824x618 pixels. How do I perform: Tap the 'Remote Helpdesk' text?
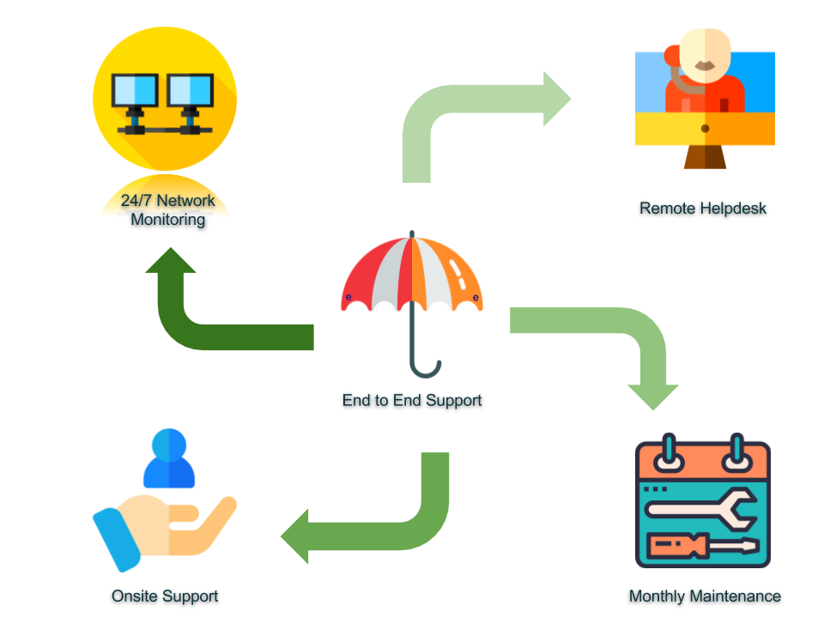click(x=702, y=208)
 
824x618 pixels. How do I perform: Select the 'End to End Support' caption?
click(x=412, y=400)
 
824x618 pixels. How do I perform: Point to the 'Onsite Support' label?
click(x=165, y=596)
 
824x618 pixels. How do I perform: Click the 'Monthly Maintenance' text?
click(x=705, y=596)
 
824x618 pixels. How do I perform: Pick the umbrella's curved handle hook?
click(x=427, y=371)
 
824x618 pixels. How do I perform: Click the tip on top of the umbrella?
click(x=412, y=233)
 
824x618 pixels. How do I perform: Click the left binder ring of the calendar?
click(x=669, y=455)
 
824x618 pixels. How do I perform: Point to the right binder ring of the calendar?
click(x=736, y=455)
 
